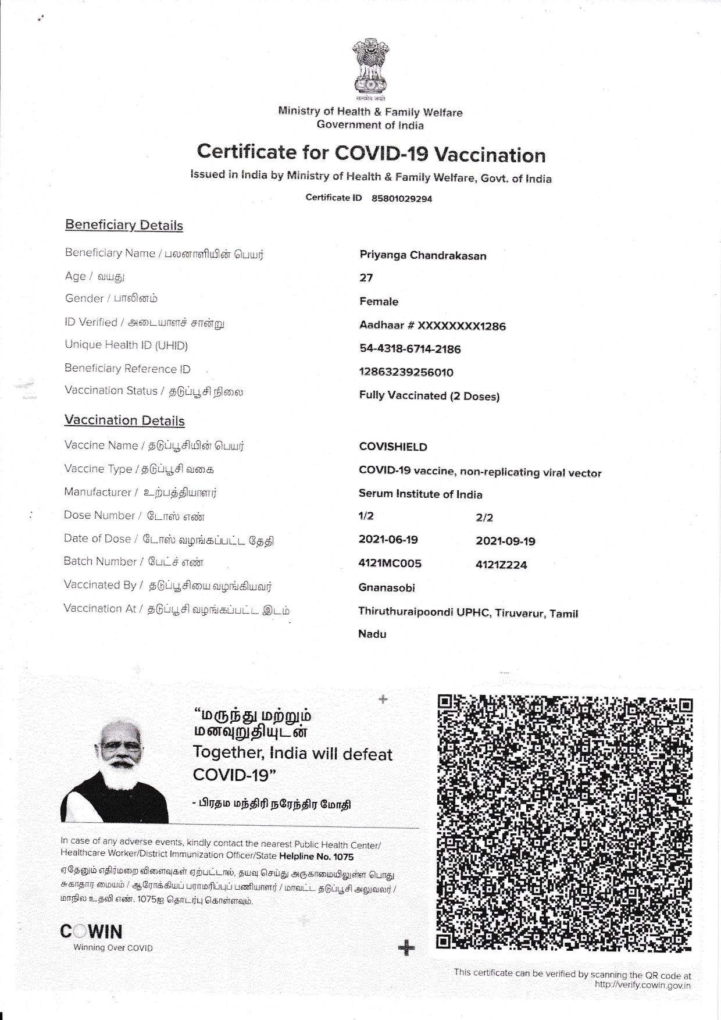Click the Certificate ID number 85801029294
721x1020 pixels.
(x=402, y=199)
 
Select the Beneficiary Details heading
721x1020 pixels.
(x=124, y=225)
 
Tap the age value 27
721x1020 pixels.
(x=366, y=278)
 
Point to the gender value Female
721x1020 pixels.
(x=379, y=301)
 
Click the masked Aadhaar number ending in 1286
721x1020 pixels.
(x=433, y=326)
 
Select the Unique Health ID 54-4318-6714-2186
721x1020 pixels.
(x=410, y=349)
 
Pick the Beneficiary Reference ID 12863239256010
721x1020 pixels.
(x=406, y=372)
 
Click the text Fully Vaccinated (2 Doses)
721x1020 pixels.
(x=430, y=396)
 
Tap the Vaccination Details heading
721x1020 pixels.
(x=124, y=420)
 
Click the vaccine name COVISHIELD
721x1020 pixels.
(x=393, y=447)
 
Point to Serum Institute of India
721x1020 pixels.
(x=420, y=494)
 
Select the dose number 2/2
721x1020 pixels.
(x=484, y=518)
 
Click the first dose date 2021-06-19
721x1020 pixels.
(x=388, y=540)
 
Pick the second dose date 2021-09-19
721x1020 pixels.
(x=506, y=541)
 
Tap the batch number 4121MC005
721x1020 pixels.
(x=390, y=563)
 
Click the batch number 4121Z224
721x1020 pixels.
(x=501, y=565)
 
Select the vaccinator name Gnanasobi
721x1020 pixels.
(x=387, y=587)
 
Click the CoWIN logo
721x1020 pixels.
(x=91, y=932)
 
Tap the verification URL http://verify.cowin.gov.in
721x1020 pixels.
(x=643, y=985)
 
